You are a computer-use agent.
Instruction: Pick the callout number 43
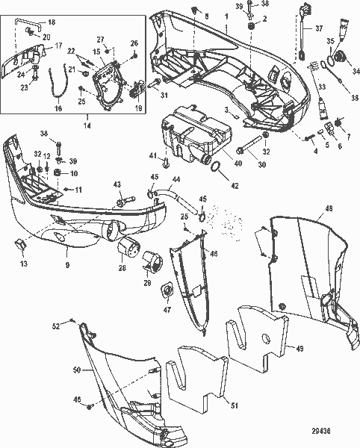[x=117, y=184]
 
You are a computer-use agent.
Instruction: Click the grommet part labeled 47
[x=166, y=291]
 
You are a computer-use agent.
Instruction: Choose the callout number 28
[x=122, y=267]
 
